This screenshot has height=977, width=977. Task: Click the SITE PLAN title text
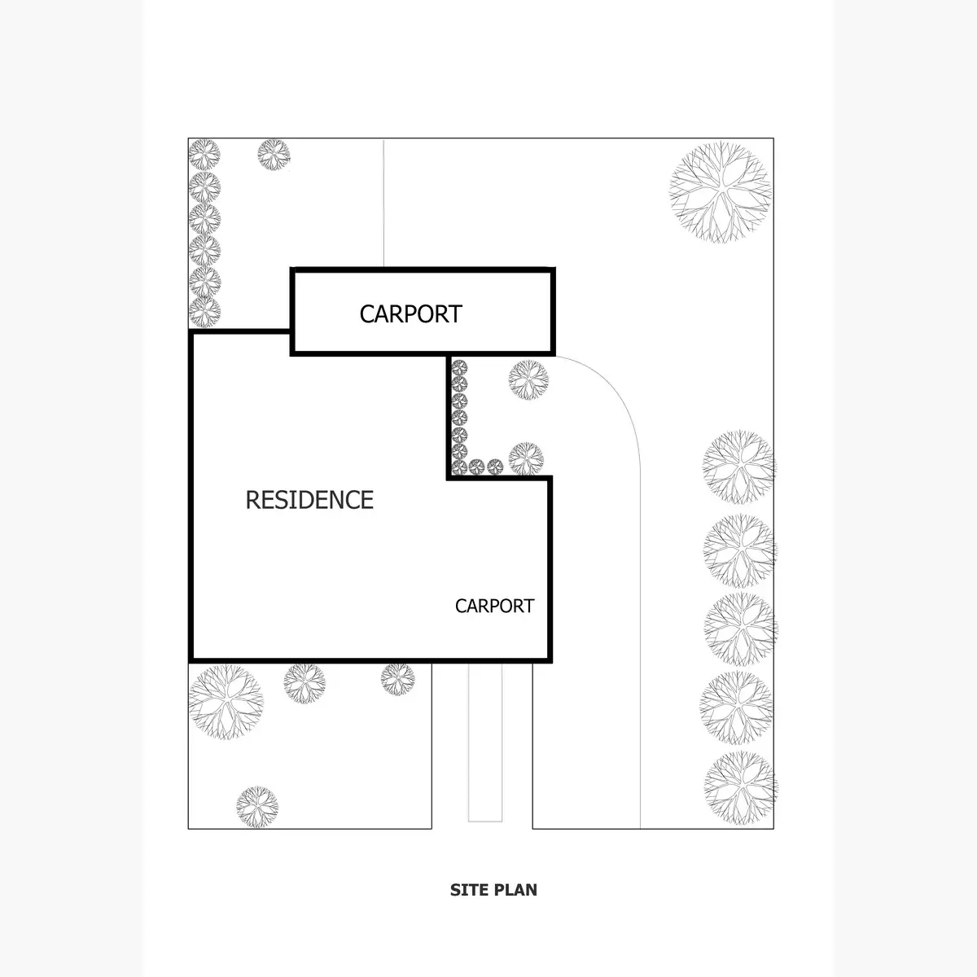pyautogui.click(x=493, y=890)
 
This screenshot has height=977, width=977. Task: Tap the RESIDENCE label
pyautogui.click(x=309, y=500)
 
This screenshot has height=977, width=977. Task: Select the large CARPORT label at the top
pyautogui.click(x=410, y=313)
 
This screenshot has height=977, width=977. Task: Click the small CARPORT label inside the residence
pyautogui.click(x=494, y=607)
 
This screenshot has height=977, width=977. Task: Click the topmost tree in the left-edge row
pyautogui.click(x=204, y=154)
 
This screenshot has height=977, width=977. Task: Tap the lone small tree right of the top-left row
pyautogui.click(x=274, y=154)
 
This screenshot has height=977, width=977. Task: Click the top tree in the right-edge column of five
pyautogui.click(x=738, y=466)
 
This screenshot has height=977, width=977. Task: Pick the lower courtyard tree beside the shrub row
pyautogui.click(x=526, y=459)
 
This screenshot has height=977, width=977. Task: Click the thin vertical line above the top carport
pyautogui.click(x=383, y=204)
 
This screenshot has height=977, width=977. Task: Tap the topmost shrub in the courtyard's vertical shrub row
pyautogui.click(x=459, y=367)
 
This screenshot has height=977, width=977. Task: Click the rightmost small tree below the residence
pyautogui.click(x=398, y=679)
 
